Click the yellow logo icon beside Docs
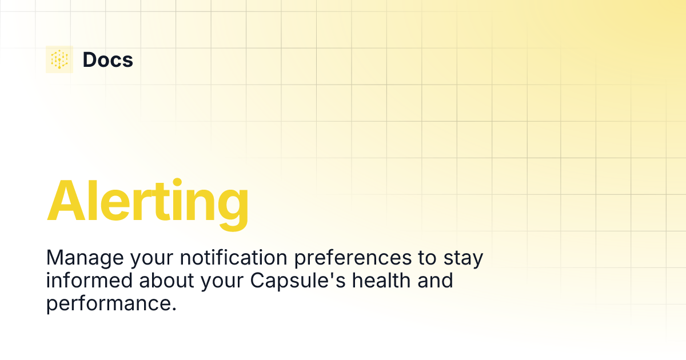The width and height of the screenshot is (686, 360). coord(59,59)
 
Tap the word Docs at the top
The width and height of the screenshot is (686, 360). coord(107,59)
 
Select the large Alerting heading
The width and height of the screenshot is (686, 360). coord(147,201)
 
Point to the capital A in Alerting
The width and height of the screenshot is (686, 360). coord(66,201)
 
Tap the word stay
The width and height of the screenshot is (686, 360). coord(464,258)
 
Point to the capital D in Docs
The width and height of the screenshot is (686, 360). coord(90,59)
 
